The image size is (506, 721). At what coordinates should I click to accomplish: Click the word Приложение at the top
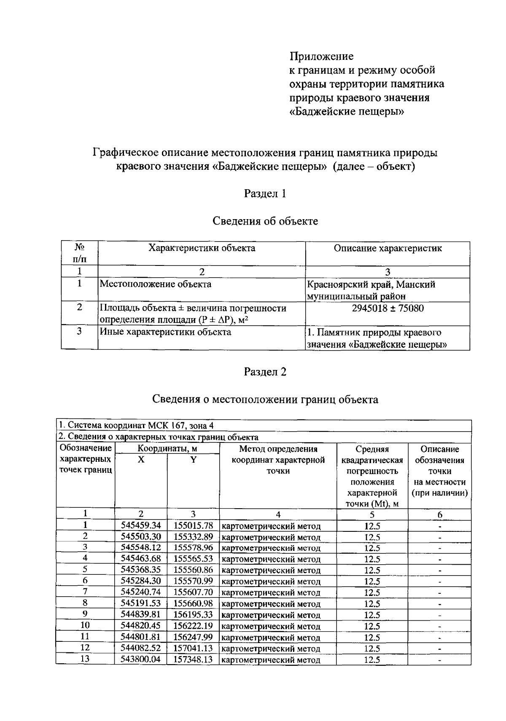tap(321, 56)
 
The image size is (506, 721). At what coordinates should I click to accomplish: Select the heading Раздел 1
tap(265, 193)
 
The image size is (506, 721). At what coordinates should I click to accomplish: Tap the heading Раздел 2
tap(265, 372)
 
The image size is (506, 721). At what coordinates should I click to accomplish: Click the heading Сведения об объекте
tap(265, 221)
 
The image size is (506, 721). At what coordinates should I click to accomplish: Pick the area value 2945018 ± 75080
tap(388, 308)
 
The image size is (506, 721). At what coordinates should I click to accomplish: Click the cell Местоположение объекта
tap(156, 284)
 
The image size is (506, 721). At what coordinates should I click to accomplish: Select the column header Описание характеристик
tap(388, 248)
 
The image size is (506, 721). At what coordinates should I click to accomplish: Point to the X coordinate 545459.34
tap(141, 525)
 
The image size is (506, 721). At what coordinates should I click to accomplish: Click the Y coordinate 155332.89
tap(193, 537)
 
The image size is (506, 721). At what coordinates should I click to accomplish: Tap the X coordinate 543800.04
tap(141, 659)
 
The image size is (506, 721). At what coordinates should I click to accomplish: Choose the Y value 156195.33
tap(193, 615)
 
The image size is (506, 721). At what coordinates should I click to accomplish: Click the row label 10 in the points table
tap(85, 625)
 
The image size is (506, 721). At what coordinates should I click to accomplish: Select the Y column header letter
tap(193, 460)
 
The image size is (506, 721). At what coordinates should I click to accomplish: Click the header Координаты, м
tap(167, 449)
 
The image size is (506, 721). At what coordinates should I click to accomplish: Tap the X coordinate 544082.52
tap(141, 648)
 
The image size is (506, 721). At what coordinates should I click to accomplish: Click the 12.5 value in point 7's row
tap(372, 592)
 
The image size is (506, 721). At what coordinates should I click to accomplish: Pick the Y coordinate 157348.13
tap(193, 659)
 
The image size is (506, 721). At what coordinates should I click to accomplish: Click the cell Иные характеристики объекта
tap(165, 332)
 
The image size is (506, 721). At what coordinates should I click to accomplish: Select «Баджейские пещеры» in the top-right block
tap(347, 112)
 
